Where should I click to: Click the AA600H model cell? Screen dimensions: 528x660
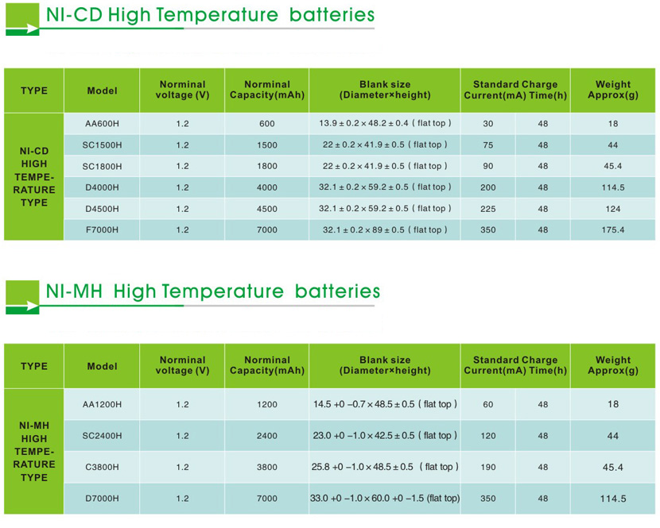pos(101,124)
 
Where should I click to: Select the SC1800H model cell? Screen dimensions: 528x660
pos(101,167)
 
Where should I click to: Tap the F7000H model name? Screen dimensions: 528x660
pos(101,229)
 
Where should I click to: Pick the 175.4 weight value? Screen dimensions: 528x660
pos(612,229)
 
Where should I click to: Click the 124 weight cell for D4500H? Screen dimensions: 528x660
pos(612,209)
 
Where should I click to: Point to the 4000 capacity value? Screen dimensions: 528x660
pos(267,187)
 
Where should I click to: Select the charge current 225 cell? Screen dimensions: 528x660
pos(487,209)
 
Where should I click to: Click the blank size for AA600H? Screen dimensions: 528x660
pos(385,124)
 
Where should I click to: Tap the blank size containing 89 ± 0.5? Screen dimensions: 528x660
pos(385,229)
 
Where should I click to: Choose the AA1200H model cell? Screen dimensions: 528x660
pos(103,404)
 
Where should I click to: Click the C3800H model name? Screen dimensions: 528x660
pos(101,467)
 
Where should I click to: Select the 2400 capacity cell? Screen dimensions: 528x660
pos(267,436)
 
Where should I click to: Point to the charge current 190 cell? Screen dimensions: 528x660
pos(487,467)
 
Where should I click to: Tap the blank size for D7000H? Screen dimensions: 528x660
pos(385,499)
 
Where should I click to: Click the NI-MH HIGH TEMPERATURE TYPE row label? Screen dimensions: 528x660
pos(34,451)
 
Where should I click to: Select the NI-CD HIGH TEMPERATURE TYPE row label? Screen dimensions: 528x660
pos(34,176)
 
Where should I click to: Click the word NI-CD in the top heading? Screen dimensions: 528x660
pos(76,15)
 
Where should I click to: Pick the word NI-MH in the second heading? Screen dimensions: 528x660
pos(77,291)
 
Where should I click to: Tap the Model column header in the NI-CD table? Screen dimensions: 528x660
pos(102,91)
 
